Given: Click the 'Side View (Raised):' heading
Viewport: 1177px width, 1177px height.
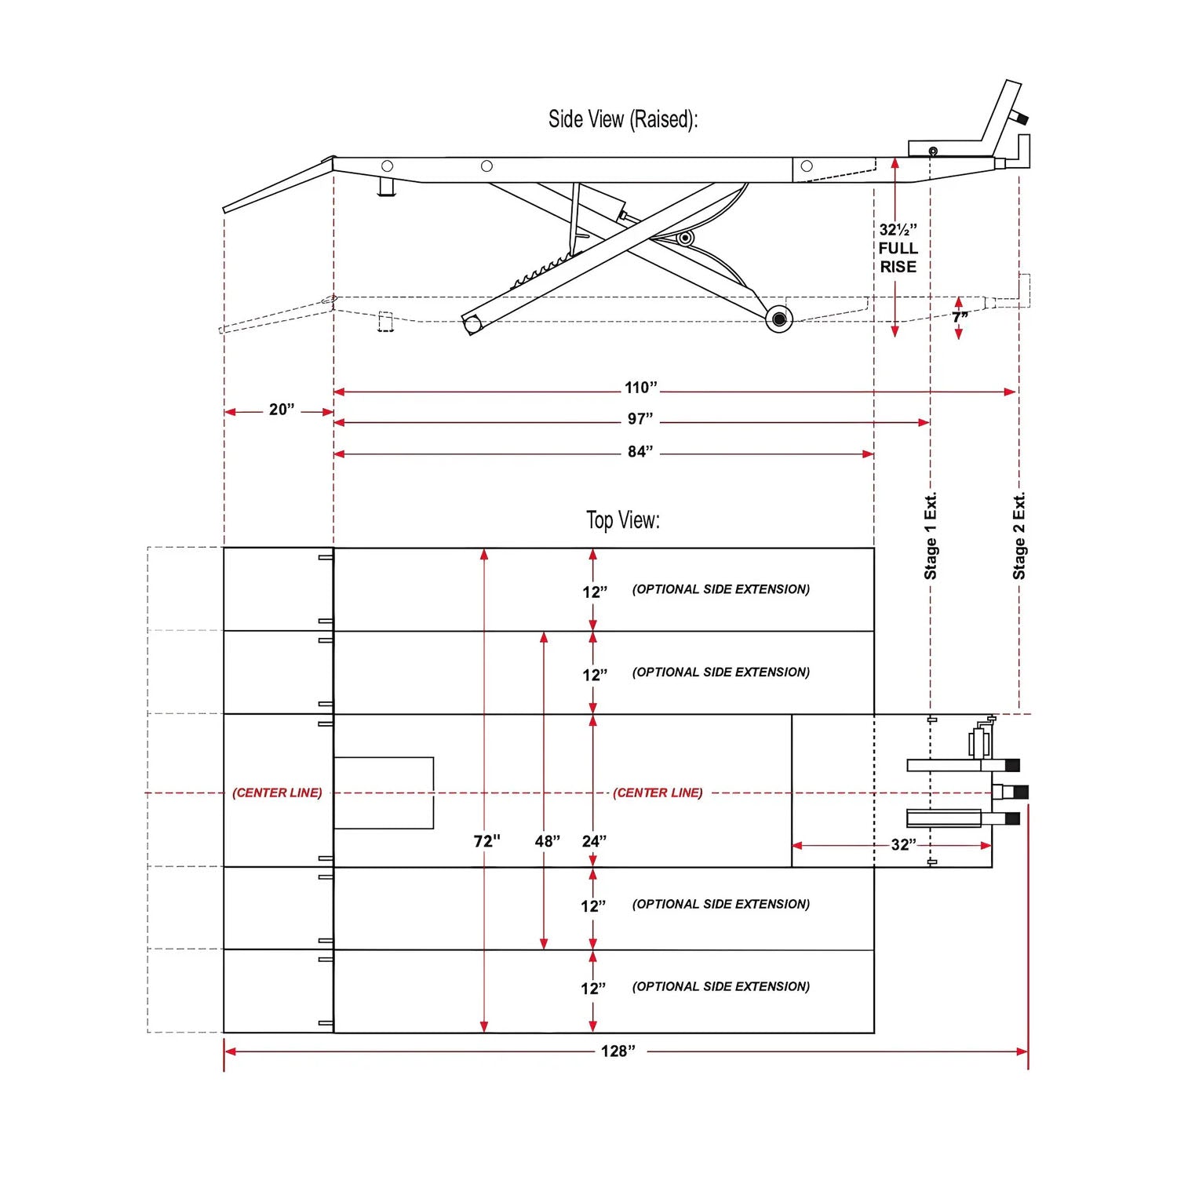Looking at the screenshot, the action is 623,119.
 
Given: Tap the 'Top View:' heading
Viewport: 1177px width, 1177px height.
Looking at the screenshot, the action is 623,520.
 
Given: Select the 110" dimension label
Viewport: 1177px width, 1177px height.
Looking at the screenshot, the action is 641,388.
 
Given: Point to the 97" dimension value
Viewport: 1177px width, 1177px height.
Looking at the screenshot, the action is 640,419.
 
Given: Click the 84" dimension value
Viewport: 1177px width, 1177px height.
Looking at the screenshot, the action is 640,451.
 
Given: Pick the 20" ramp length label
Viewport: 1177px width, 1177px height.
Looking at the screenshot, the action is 282,410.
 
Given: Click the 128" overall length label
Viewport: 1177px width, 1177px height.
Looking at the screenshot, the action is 618,1051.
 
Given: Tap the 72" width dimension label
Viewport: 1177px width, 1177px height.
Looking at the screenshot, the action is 486,841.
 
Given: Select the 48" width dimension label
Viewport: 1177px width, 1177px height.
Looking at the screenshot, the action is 548,841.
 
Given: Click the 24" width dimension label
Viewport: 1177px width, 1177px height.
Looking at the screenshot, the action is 595,841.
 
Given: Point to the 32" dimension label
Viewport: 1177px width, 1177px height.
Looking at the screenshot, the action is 904,845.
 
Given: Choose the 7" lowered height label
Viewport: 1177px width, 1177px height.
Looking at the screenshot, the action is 960,317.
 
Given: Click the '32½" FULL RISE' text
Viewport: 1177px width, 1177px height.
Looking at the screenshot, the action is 898,248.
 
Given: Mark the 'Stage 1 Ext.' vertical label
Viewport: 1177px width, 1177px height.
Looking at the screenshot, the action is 931,536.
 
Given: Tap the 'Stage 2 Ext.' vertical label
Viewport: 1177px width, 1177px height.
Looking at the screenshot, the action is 1018,536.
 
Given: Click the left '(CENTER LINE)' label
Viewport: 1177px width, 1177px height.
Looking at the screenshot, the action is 277,793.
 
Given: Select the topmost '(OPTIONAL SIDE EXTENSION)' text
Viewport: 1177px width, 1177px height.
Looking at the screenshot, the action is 721,589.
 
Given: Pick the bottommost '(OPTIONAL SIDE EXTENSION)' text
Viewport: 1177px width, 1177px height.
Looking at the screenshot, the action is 721,986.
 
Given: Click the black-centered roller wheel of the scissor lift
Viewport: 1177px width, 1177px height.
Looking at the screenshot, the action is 778,319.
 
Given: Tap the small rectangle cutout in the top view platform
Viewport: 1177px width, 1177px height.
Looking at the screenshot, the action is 384,793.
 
